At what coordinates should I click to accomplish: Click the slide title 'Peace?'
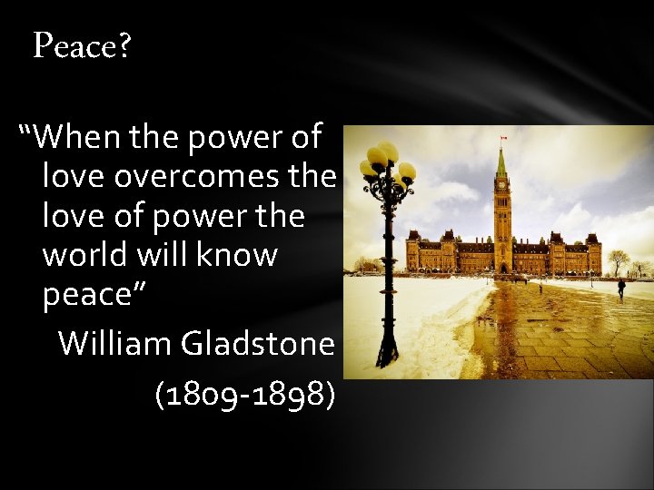pos(82,44)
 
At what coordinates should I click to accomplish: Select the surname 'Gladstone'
pos(258,343)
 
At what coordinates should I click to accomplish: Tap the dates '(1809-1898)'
pos(244,394)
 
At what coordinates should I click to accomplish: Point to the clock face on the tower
pos(501,184)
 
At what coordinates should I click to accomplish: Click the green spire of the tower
pos(501,163)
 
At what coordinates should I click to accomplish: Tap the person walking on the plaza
pos(621,287)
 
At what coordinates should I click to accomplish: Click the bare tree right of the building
pos(619,261)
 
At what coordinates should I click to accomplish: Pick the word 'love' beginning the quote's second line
pos(74,176)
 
